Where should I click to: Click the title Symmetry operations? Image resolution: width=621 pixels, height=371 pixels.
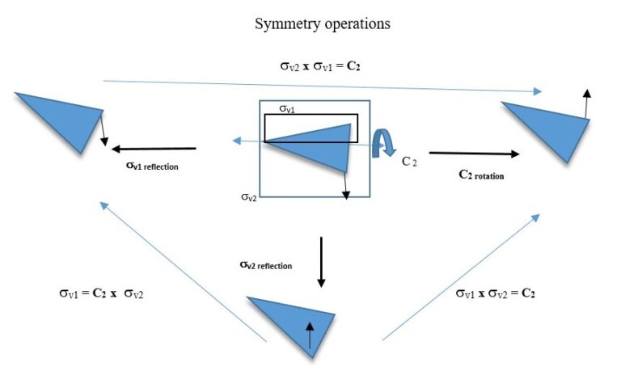tap(323, 23)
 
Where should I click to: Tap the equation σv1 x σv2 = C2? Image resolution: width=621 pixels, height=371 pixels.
tap(495, 293)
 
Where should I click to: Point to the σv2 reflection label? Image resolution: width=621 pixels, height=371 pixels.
tap(265, 264)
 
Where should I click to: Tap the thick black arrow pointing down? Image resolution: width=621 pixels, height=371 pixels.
tap(321, 262)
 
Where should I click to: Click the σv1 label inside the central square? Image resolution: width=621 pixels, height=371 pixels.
tap(288, 108)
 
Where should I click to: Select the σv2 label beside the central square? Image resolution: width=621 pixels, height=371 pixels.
tap(249, 196)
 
